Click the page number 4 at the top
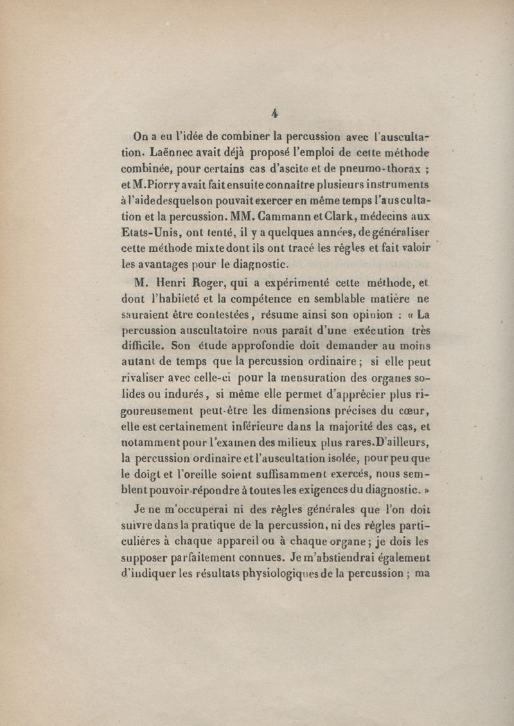coord(274,113)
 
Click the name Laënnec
coord(176,154)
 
